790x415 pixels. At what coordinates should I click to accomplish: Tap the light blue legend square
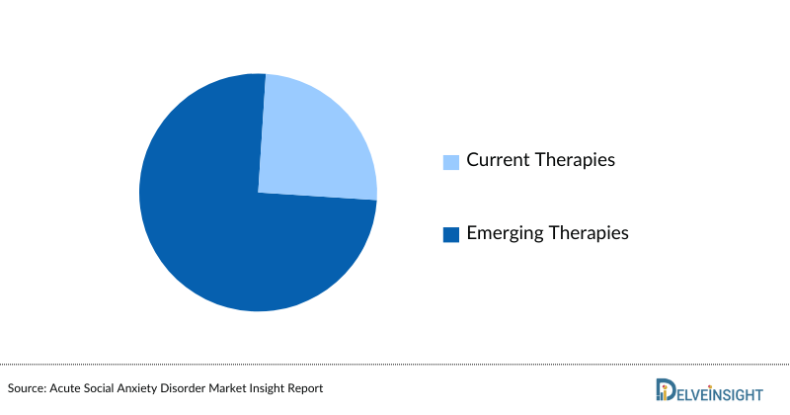(x=451, y=161)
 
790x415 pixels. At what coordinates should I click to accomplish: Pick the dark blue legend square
(x=451, y=235)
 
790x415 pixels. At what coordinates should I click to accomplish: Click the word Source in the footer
(x=29, y=388)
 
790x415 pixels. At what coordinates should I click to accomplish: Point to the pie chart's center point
(x=258, y=193)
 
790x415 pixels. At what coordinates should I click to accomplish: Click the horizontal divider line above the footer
(x=395, y=363)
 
